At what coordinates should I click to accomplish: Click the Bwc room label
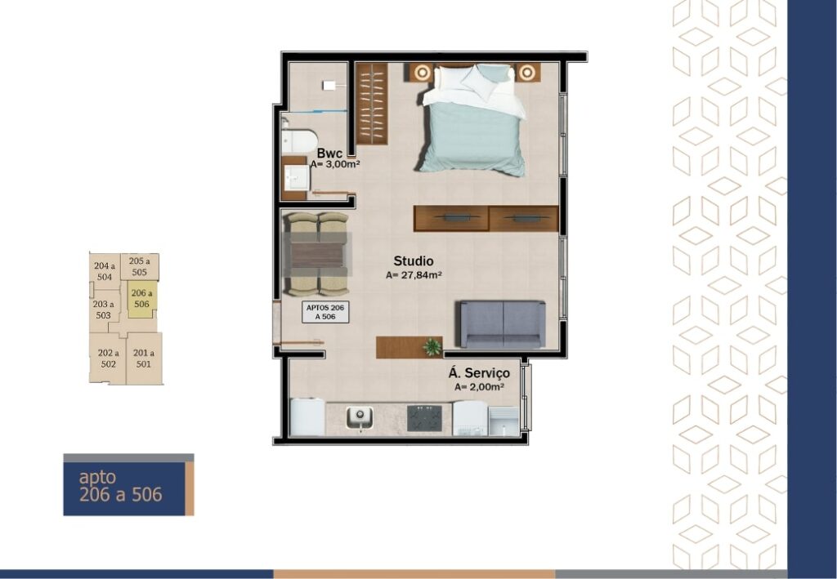(x=329, y=154)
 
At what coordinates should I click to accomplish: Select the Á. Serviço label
(x=479, y=373)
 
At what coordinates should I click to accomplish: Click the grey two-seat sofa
(x=503, y=324)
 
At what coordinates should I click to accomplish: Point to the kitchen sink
(x=360, y=417)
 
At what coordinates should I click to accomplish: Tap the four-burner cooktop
(x=424, y=418)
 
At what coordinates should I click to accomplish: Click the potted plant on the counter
(x=432, y=346)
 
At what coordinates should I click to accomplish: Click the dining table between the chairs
(x=316, y=255)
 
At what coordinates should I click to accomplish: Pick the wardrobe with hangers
(x=372, y=104)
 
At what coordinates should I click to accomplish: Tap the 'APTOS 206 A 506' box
(x=325, y=312)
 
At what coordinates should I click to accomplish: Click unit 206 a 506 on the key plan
(x=142, y=300)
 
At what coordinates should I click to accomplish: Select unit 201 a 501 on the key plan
(x=144, y=359)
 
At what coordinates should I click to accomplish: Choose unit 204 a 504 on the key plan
(x=104, y=271)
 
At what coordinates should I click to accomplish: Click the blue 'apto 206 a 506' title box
(x=128, y=485)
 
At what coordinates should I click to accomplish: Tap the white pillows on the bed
(x=474, y=82)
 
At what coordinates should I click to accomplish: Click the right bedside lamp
(x=527, y=72)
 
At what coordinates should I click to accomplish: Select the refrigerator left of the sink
(x=307, y=417)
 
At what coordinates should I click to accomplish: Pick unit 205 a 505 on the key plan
(x=139, y=266)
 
